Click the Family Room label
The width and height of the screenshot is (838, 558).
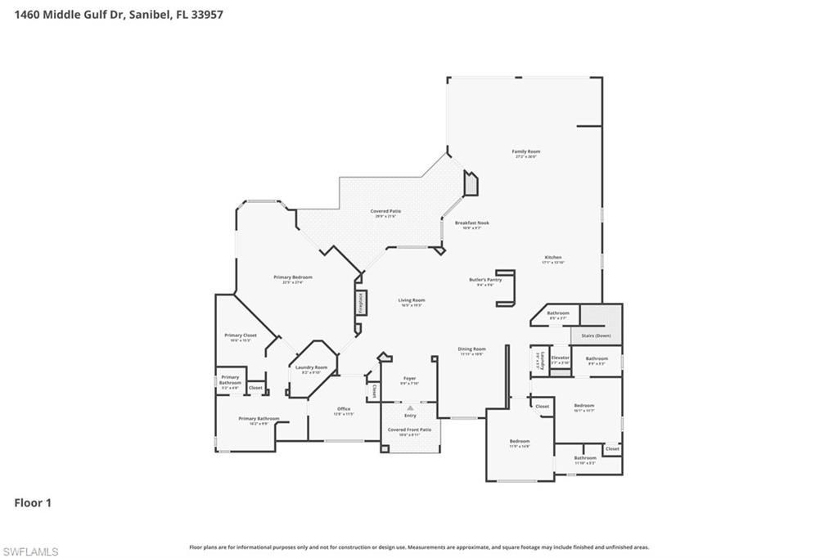coord(526,151)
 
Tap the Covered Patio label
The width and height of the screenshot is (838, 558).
coord(388,211)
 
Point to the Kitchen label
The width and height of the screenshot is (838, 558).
coord(553,258)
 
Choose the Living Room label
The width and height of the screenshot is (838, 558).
coord(412,300)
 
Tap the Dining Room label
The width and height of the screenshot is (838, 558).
coord(471,349)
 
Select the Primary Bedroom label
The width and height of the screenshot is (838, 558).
coord(293,277)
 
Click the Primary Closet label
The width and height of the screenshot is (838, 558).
coord(241,335)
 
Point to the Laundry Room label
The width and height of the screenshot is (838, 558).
coord(311,367)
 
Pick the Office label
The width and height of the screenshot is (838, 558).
coord(344,409)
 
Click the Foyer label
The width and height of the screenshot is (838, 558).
coord(410,379)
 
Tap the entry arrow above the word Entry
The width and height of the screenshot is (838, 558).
coord(410,407)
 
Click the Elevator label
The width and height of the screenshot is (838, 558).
coord(561,358)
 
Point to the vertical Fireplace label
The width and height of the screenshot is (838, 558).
coord(359,302)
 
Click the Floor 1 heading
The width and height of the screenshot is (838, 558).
coord(33,503)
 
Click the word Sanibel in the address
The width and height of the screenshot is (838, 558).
coord(149,14)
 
